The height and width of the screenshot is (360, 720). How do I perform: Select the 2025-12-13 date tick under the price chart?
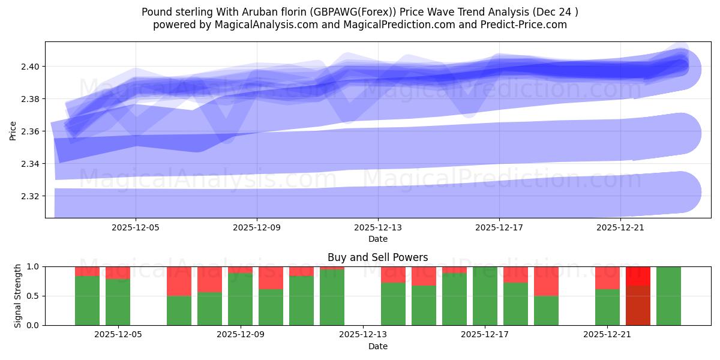[x=378, y=228]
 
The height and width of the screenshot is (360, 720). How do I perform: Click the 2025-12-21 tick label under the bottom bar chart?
[x=608, y=335]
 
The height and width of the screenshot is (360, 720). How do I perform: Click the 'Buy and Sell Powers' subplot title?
[x=377, y=257]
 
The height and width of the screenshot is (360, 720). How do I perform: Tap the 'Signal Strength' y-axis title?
[x=18, y=296]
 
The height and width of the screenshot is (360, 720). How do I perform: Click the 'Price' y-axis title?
[x=13, y=130]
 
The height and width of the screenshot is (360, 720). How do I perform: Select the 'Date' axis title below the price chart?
[x=377, y=239]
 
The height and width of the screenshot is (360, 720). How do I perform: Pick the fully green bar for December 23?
[x=668, y=296]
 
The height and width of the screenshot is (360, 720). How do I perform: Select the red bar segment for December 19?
[x=546, y=281]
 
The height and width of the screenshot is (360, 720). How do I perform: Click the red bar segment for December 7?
[x=179, y=281]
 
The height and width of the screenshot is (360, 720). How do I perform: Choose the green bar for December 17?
[x=485, y=296]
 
